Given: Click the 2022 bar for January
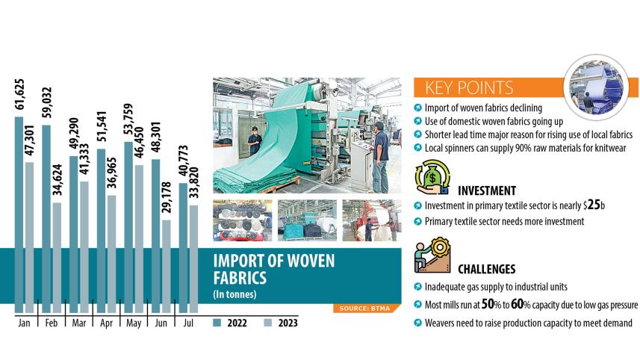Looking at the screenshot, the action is point(19,215).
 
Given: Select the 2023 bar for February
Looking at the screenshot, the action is point(58,258).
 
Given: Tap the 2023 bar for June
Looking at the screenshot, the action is point(167,267).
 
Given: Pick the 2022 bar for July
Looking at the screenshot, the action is point(183,248).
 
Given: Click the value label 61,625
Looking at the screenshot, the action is point(19,94).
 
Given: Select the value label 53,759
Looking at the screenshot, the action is point(128,120).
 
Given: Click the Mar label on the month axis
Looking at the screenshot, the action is point(78,323).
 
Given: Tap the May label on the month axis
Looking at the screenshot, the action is point(134,323).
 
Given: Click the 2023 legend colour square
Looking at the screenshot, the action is point(268,323).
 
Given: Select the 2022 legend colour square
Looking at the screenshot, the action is point(217,323).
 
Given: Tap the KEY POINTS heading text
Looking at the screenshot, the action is point(469,87).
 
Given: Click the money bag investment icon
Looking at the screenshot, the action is point(432,177).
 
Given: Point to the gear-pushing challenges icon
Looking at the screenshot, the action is point(432,255).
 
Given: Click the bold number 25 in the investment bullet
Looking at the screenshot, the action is point(594,205).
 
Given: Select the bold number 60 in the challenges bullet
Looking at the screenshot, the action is point(517,304).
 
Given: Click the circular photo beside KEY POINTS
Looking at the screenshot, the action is point(597,87).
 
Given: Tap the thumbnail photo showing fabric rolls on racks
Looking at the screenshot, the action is point(243,220).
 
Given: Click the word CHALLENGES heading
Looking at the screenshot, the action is point(486,270).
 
